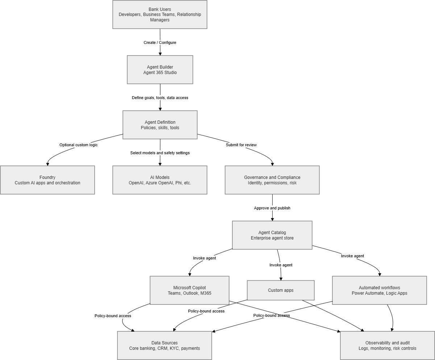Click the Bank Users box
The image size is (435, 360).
(x=160, y=15)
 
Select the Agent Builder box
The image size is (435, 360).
(x=160, y=70)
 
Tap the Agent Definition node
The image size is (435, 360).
(x=160, y=125)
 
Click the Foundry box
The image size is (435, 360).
(x=47, y=180)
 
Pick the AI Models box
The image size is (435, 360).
(x=160, y=180)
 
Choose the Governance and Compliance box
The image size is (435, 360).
(x=272, y=180)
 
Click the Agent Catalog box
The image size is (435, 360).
(x=272, y=235)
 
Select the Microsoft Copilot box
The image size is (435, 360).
(x=190, y=290)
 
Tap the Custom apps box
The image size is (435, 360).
(x=281, y=290)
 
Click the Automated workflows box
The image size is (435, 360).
(x=379, y=290)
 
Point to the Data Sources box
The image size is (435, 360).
(x=165, y=345)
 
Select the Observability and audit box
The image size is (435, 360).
(x=387, y=345)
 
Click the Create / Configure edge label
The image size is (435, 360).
(x=160, y=42)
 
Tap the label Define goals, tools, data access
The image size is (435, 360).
(x=160, y=98)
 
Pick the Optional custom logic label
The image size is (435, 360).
(x=78, y=145)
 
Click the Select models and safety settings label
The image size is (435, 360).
(x=160, y=153)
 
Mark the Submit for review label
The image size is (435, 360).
(x=241, y=145)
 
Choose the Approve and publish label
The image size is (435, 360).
(x=272, y=208)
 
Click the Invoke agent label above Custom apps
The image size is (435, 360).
(x=281, y=265)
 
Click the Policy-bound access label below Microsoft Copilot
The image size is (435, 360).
(x=113, y=316)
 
